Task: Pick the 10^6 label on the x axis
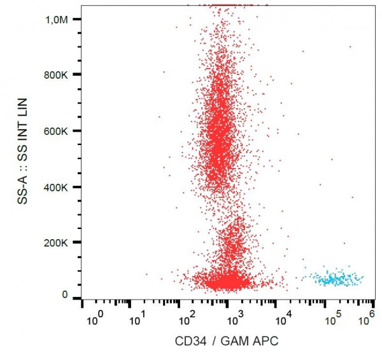[x=365, y=317]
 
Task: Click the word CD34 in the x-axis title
[x=189, y=342]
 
